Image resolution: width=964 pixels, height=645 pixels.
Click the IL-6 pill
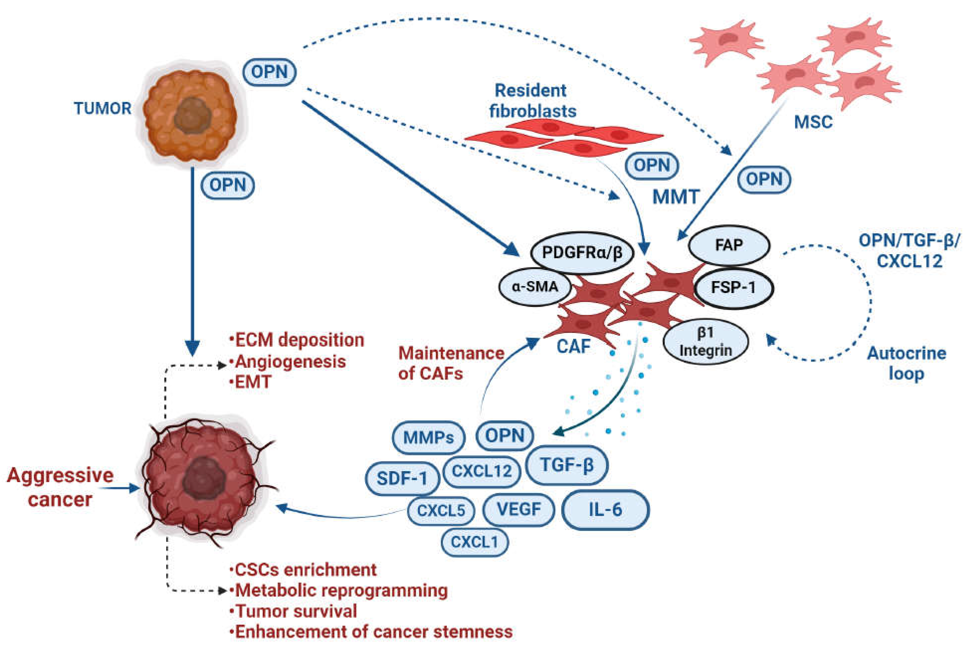(605, 510)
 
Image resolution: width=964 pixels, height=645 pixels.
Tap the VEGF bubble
(519, 510)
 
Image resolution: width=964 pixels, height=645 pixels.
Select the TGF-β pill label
(567, 465)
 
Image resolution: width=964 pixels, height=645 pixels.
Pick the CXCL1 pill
(475, 542)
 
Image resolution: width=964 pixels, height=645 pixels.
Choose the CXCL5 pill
(441, 510)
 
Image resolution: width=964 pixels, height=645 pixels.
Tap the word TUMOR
(103, 109)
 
